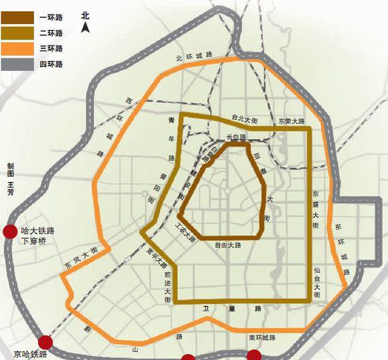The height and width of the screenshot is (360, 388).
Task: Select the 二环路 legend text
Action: pyautogui.click(x=52, y=31)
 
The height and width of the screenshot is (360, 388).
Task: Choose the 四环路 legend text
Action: pyautogui.click(x=52, y=64)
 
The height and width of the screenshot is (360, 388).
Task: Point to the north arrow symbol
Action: pyautogui.click(x=85, y=27)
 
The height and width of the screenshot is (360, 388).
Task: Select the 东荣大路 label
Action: pyautogui.click(x=291, y=122)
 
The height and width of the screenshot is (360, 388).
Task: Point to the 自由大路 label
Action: pyautogui.click(x=227, y=246)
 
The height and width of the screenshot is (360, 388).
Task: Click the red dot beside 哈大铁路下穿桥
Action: pyautogui.click(x=10, y=232)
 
